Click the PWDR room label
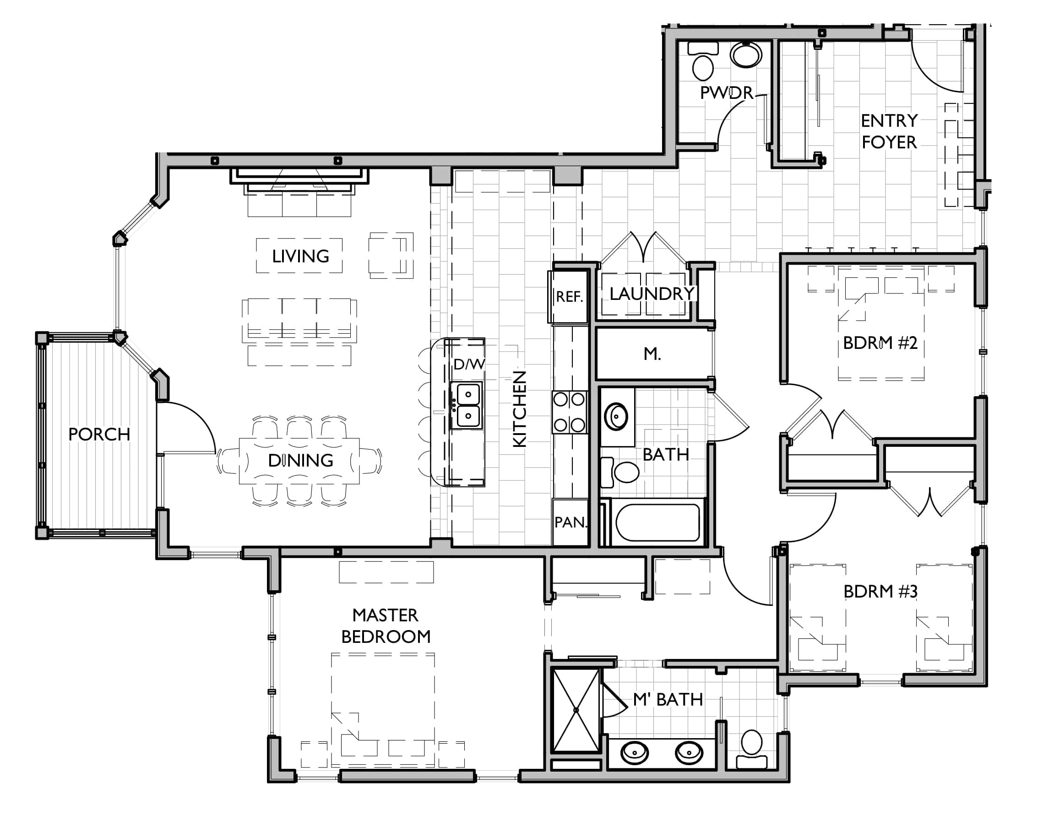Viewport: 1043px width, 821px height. click(x=726, y=93)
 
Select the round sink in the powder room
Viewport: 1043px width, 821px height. click(x=746, y=54)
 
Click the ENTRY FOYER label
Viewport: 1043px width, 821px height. click(x=889, y=131)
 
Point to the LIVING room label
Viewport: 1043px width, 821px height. click(x=300, y=256)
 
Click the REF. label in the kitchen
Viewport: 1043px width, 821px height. click(x=570, y=297)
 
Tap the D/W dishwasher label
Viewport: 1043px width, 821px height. click(x=469, y=364)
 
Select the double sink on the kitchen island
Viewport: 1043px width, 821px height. click(x=467, y=405)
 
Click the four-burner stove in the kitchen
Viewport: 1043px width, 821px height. click(x=570, y=412)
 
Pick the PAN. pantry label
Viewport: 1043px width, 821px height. click(x=570, y=522)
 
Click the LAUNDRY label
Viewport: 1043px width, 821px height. click(x=652, y=294)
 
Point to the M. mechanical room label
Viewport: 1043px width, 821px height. click(x=652, y=354)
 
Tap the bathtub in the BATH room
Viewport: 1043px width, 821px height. click(x=657, y=522)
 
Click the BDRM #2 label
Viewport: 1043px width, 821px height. click(x=880, y=343)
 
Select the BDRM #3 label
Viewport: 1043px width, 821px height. click(x=880, y=591)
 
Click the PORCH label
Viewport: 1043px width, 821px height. click(x=99, y=435)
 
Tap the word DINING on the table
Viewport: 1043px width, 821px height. click(x=300, y=461)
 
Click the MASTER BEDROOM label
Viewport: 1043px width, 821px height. click(x=386, y=626)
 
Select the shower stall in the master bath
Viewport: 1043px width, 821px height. click(x=576, y=711)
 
